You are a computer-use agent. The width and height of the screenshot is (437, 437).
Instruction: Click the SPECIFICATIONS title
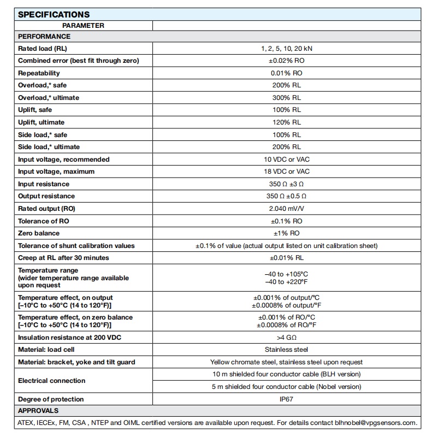54,15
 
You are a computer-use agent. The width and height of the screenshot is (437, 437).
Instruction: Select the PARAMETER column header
83,25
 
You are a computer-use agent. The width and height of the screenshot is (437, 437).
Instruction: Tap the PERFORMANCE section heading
44,37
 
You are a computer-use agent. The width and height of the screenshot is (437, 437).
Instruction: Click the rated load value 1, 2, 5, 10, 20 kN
286,49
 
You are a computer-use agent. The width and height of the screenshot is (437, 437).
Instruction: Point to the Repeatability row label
39,73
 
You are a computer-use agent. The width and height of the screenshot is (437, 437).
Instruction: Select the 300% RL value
286,98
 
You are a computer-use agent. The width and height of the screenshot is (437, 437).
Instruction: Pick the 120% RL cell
286,122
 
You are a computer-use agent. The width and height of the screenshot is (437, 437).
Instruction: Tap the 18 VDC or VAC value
286,172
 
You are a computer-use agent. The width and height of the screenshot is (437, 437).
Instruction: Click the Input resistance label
44,184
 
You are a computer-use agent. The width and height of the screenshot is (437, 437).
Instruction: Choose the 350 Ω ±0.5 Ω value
286,196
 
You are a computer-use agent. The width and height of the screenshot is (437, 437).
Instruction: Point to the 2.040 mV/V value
286,209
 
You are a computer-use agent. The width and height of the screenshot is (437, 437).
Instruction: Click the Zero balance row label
39,233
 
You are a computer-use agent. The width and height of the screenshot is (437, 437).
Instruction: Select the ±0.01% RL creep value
286,258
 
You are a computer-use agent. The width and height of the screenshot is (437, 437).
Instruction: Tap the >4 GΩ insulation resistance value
286,338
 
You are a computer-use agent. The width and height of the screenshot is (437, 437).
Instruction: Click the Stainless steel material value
286,350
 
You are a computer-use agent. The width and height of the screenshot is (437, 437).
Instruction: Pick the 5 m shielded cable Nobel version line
286,387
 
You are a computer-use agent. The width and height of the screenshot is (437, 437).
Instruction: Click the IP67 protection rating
286,399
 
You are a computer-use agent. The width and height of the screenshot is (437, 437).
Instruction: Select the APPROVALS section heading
38,411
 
